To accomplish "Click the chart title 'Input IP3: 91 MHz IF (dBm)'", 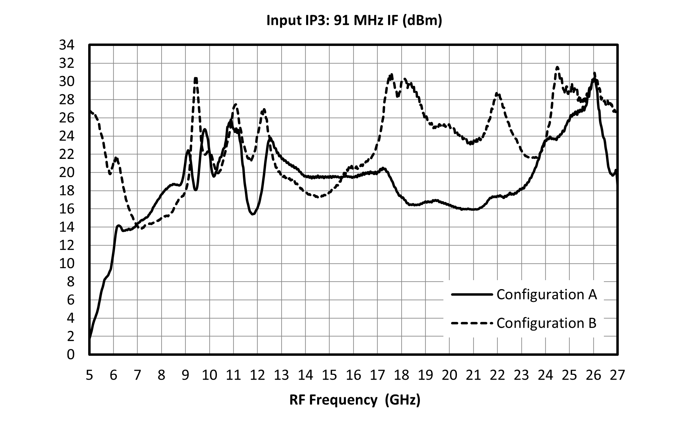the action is [354, 20].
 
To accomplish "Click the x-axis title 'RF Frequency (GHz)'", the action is [355, 400].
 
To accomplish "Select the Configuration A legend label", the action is [547, 294].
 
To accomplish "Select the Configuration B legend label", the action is [546, 323].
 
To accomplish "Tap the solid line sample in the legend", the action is [472, 294].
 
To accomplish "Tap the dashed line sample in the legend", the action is [472, 323].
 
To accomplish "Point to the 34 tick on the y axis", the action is [67, 45].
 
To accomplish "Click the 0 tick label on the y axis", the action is [71, 354].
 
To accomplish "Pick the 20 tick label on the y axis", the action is [67, 172].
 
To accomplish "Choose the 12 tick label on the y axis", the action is [67, 245].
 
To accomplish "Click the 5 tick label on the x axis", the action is [89, 375].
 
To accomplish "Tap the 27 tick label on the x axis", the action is [618, 375].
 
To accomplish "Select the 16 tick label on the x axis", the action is [353, 375].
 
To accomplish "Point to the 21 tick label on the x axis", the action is [473, 375].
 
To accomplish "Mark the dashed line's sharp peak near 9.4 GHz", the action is [196, 78].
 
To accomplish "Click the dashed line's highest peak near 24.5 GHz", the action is [557, 67].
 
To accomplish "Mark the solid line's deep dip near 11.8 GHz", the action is [253, 214].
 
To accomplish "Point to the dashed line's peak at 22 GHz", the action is [497, 93].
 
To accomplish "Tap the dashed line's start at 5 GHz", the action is [90, 111].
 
